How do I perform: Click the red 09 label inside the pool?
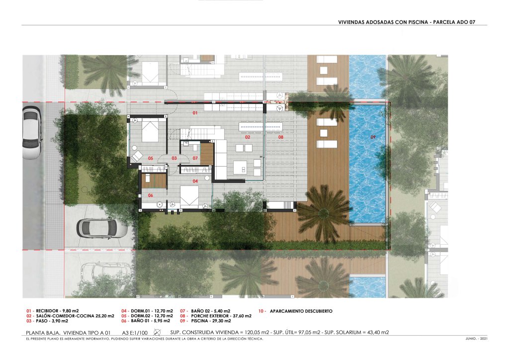[x=373, y=137]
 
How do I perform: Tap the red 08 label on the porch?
[x=281, y=137]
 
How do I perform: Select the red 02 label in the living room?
[x=248, y=137]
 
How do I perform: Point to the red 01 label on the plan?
[x=195, y=113]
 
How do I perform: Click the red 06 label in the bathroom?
[x=151, y=195]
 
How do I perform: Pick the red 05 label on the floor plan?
[x=151, y=159]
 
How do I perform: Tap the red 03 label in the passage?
[x=174, y=159]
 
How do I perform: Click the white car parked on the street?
[x=32, y=133]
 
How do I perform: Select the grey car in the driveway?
[x=102, y=228]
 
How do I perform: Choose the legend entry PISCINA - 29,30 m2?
[x=211, y=321]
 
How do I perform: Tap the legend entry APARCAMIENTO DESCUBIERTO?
[x=301, y=311]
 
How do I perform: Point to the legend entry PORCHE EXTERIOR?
[x=210, y=316]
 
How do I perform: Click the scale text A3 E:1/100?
[x=135, y=333]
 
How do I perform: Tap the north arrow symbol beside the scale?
[x=158, y=333]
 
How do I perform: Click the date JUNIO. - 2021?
[x=476, y=339]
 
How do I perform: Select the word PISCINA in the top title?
[x=417, y=22]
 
